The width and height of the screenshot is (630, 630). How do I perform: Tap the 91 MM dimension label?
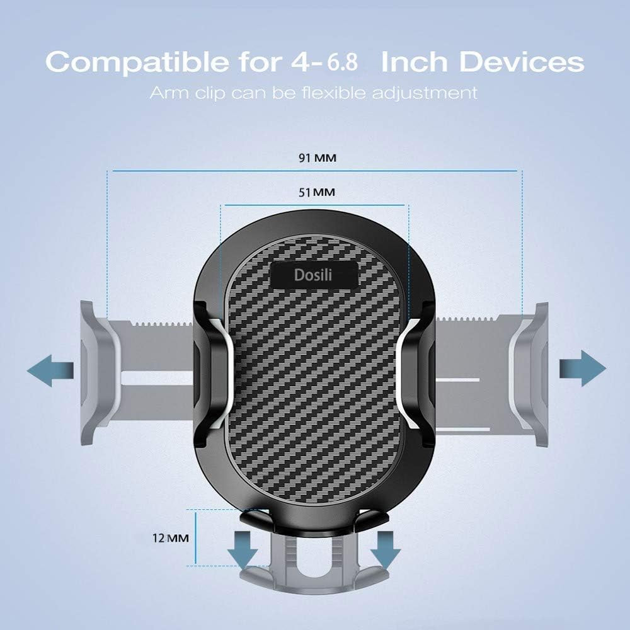pyautogui.click(x=318, y=158)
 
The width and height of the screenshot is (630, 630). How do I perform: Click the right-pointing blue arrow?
pyautogui.click(x=582, y=368)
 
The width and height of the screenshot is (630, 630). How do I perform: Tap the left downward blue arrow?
pyautogui.click(x=243, y=547)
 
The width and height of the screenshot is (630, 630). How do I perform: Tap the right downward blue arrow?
pyautogui.click(x=386, y=547)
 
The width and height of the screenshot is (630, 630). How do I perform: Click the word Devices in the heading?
pyautogui.click(x=521, y=63)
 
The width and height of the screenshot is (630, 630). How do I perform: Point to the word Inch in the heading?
pyautogui.click(x=415, y=63)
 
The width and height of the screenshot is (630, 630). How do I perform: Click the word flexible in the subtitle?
pyautogui.click(x=336, y=93)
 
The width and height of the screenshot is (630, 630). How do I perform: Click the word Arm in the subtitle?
pyautogui.click(x=167, y=93)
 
